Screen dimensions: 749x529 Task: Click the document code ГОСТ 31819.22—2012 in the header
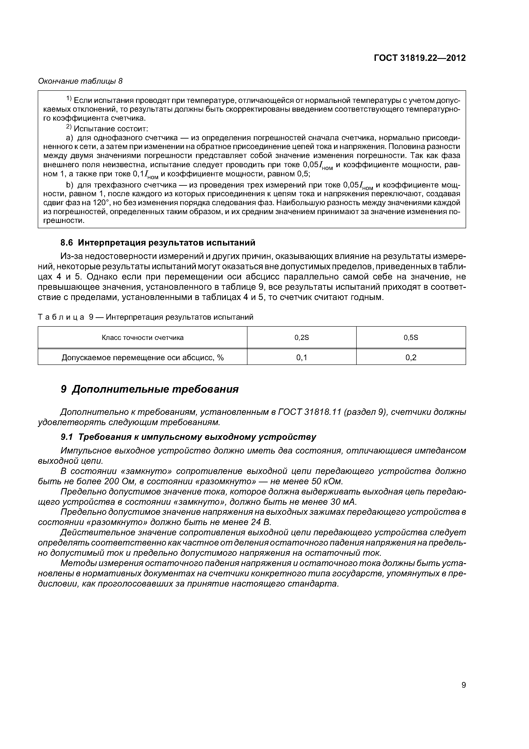pyautogui.click(x=420, y=58)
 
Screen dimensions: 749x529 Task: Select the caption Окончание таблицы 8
pyautogui.click(x=80, y=81)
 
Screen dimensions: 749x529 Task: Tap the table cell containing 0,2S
pyautogui.click(x=301, y=338)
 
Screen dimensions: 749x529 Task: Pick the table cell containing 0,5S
pyautogui.click(x=411, y=338)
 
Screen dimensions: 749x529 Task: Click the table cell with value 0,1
pyautogui.click(x=301, y=358)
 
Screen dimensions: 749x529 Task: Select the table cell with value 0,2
pyautogui.click(x=411, y=358)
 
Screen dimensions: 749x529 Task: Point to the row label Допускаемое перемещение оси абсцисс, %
pyautogui.click(x=143, y=358)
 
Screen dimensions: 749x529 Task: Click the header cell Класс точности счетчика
pyautogui.click(x=143, y=338)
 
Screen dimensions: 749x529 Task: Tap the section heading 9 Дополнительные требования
pyautogui.click(x=150, y=389)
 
